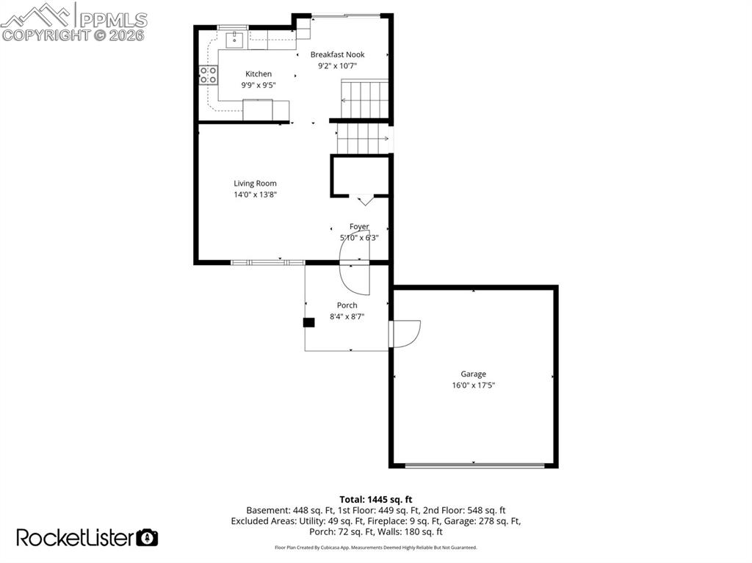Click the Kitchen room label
(x=258, y=74)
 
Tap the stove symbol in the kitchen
(x=209, y=74)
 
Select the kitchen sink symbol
(x=236, y=39)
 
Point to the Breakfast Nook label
(x=337, y=55)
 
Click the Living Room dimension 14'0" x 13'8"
(x=255, y=195)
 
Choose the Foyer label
(x=359, y=227)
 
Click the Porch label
(x=347, y=305)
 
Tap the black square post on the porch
(x=309, y=322)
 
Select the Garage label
(x=473, y=374)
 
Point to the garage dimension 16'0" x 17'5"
(x=473, y=385)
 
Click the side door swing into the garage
(x=407, y=333)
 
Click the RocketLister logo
(x=75, y=537)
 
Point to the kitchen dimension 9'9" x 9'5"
(x=258, y=85)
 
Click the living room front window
(x=267, y=262)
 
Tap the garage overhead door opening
(x=474, y=465)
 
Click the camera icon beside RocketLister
(x=148, y=537)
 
